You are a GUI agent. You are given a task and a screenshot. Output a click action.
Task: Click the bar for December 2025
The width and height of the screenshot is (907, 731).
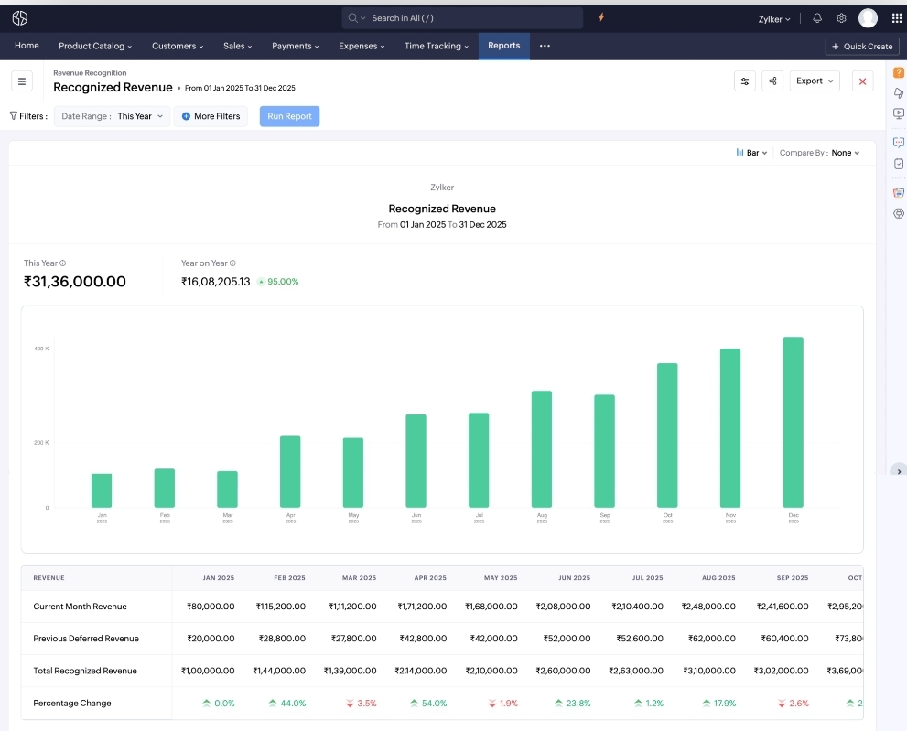(x=793, y=422)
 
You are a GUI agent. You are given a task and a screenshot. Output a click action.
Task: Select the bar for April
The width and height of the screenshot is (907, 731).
(x=290, y=471)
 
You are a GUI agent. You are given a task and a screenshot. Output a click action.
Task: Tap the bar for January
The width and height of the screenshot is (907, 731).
(x=102, y=490)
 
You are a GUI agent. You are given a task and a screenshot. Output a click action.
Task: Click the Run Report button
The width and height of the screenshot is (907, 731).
(x=289, y=116)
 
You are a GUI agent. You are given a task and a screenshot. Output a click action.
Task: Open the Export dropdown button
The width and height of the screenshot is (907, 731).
(x=815, y=81)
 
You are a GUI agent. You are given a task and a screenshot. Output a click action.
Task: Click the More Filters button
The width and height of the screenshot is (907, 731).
(x=211, y=116)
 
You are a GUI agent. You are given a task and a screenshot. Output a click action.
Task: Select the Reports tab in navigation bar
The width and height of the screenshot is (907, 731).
(x=503, y=46)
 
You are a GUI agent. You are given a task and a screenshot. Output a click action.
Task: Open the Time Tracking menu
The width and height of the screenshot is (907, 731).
(x=437, y=46)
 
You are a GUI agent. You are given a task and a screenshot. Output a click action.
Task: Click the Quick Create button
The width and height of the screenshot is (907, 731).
(x=861, y=47)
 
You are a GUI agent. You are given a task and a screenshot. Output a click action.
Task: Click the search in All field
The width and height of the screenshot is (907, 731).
(x=462, y=18)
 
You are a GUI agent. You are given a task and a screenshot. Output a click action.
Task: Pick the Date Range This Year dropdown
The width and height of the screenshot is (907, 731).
(x=113, y=116)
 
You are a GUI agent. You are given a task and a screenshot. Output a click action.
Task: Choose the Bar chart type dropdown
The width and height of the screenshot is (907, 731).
(x=751, y=153)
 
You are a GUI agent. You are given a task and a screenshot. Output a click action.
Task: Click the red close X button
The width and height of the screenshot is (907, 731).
(x=862, y=81)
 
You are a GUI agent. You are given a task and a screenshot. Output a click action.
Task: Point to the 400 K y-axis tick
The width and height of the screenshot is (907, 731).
(x=41, y=349)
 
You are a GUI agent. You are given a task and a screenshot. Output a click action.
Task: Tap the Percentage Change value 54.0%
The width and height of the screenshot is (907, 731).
(x=428, y=704)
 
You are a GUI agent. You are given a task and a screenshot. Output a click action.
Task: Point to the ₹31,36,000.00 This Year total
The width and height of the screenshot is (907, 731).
(x=75, y=282)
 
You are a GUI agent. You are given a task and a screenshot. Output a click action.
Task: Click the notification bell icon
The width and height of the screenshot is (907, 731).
(x=817, y=18)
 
